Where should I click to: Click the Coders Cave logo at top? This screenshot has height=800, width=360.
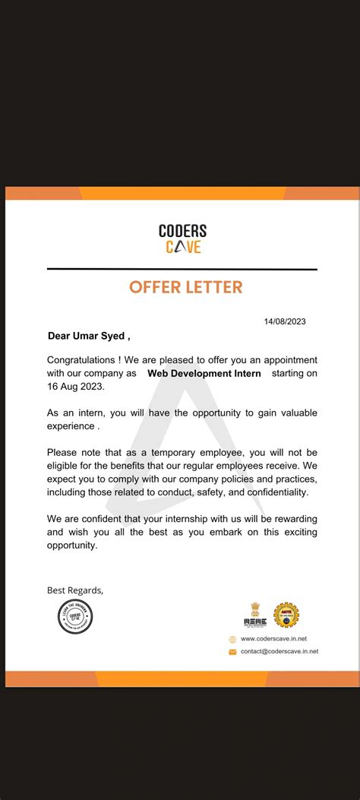pyautogui.click(x=182, y=239)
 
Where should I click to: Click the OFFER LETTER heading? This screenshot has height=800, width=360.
pyautogui.click(x=186, y=287)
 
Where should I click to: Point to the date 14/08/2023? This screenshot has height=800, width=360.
pyautogui.click(x=285, y=321)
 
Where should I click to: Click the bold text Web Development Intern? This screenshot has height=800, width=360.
pyautogui.click(x=204, y=373)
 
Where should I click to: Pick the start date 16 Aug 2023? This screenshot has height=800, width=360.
pyautogui.click(x=74, y=387)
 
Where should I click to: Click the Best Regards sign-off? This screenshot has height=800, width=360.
pyautogui.click(x=74, y=590)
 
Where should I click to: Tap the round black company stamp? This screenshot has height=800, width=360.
pyautogui.click(x=75, y=616)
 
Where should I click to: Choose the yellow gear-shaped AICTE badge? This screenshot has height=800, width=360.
pyautogui.click(x=286, y=615)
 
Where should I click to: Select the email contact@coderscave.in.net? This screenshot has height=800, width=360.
pyautogui.click(x=279, y=651)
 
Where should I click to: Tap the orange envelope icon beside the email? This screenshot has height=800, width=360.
pyautogui.click(x=232, y=652)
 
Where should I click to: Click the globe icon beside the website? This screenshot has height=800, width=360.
pyautogui.click(x=232, y=640)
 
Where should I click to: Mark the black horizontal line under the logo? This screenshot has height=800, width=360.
pyautogui.click(x=182, y=269)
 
